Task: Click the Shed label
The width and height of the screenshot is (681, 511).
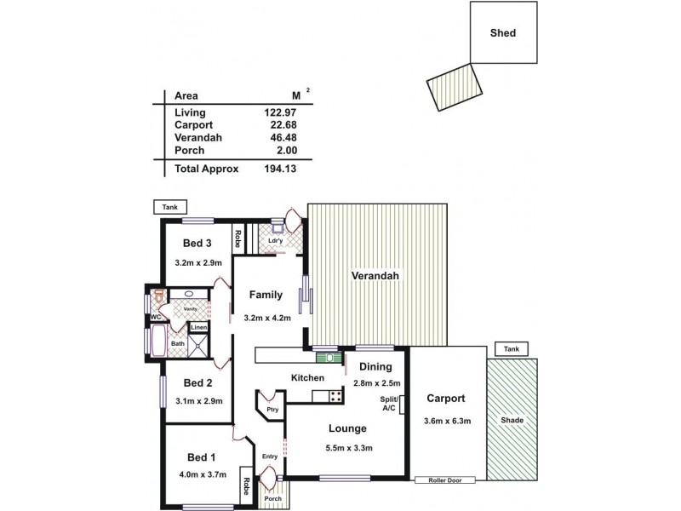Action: click(x=503, y=34)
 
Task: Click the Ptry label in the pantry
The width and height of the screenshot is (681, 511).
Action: click(x=272, y=410)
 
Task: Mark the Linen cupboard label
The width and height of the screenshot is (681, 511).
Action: click(x=198, y=327)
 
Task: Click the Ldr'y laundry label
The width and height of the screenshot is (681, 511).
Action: click(x=275, y=241)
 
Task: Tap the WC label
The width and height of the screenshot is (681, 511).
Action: click(x=157, y=318)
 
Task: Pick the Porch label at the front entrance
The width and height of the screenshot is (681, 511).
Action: click(x=272, y=498)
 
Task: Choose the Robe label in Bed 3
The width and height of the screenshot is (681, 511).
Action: click(x=240, y=239)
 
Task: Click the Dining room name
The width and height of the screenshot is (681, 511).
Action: click(x=375, y=368)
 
